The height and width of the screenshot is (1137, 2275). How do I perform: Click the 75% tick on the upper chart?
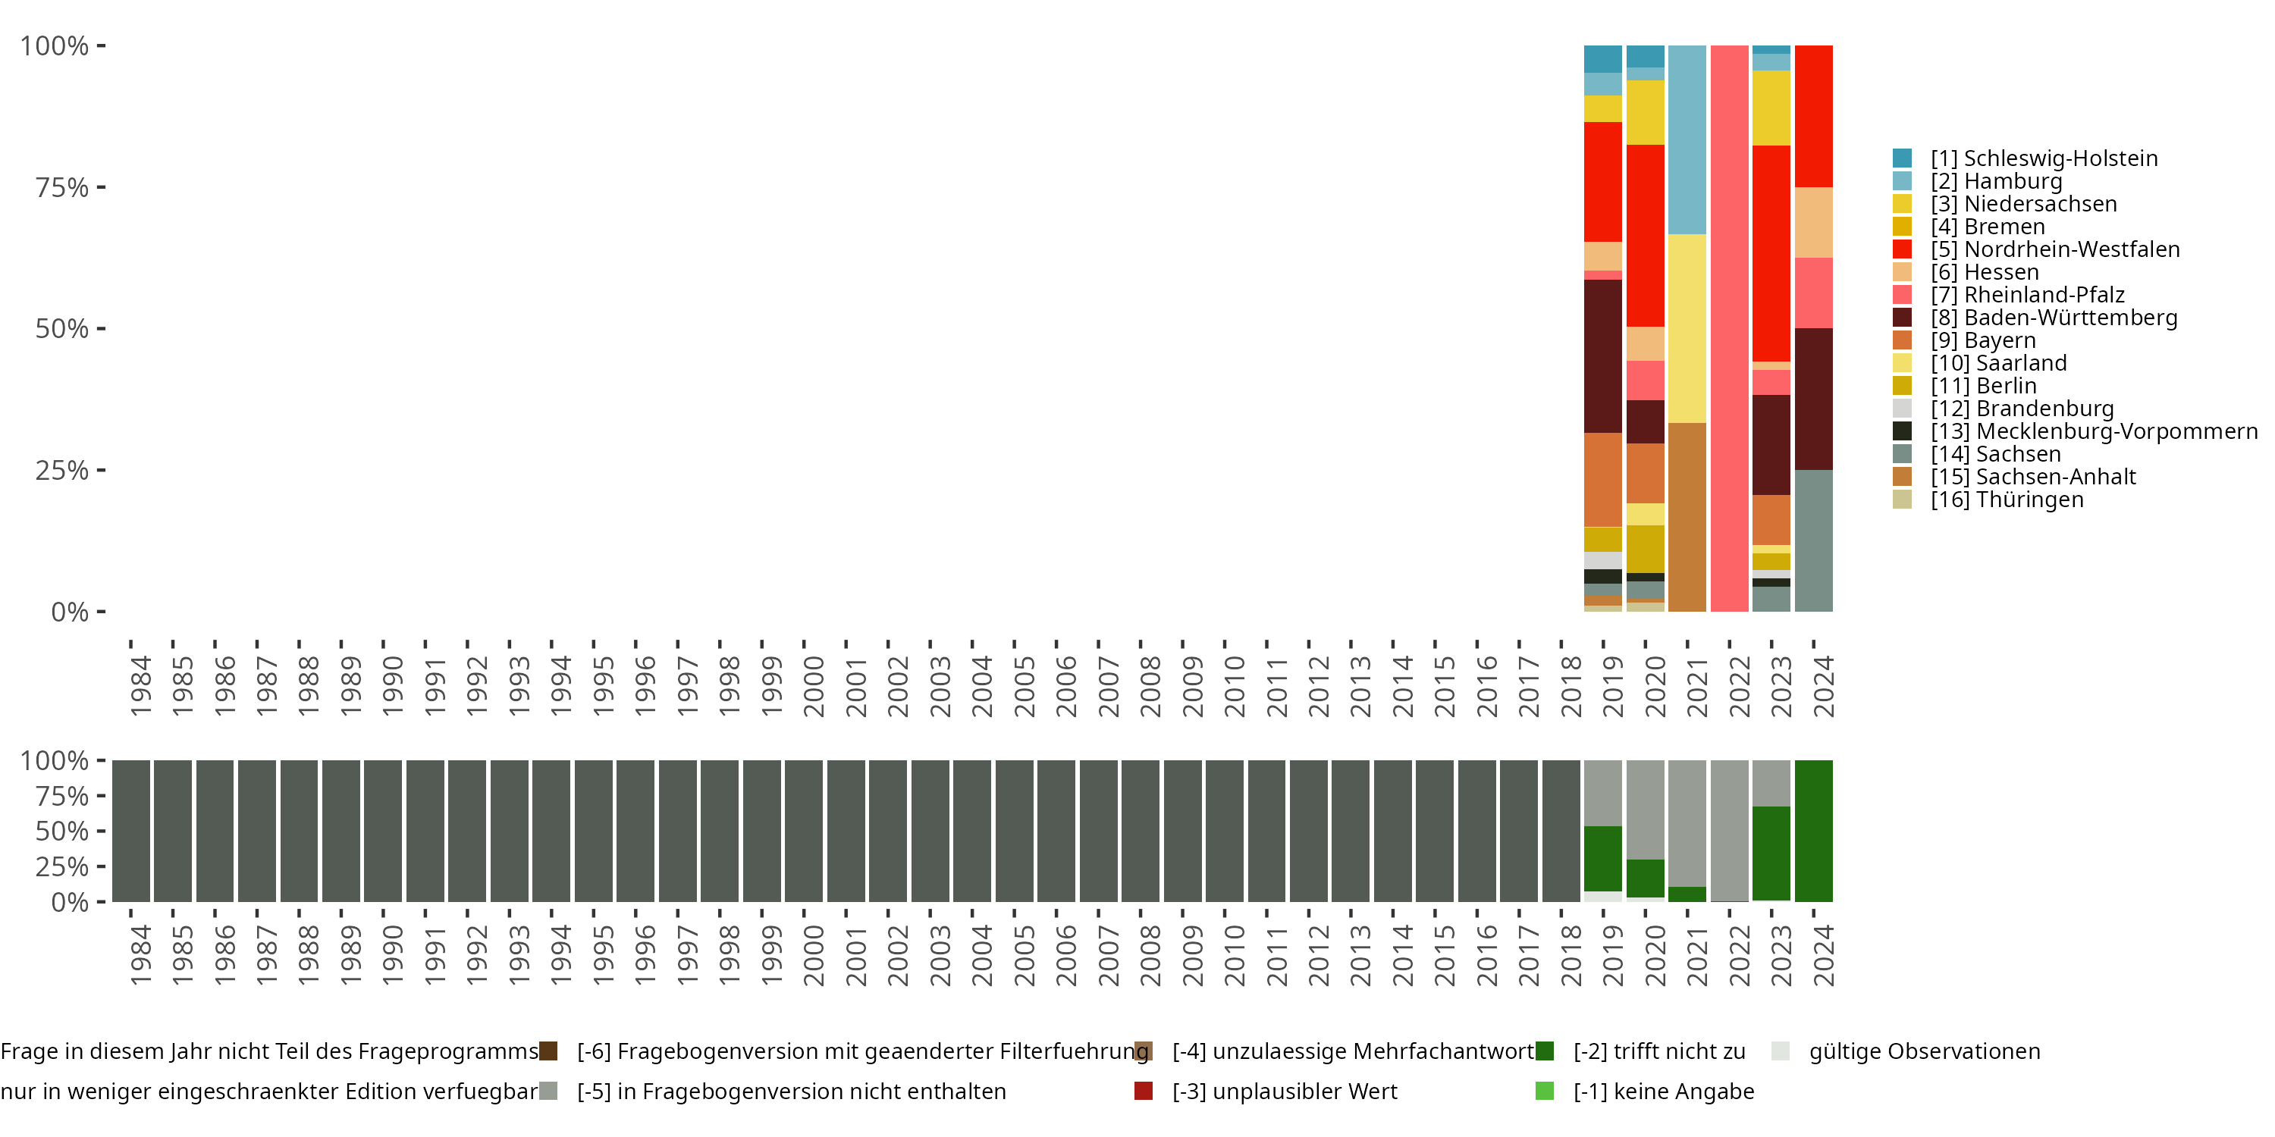click(x=63, y=187)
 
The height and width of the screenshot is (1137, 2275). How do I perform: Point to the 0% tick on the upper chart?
click(x=70, y=612)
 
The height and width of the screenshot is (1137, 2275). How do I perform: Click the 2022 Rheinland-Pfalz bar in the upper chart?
click(x=1729, y=327)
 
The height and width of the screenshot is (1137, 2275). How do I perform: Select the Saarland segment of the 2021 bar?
click(x=1687, y=328)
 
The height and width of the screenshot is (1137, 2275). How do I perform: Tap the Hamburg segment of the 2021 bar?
click(x=1687, y=139)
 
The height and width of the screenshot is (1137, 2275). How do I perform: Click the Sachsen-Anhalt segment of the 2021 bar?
click(x=1687, y=517)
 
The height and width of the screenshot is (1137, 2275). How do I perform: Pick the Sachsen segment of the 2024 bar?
click(x=1813, y=540)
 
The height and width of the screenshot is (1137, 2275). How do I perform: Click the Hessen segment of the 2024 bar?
click(x=1813, y=222)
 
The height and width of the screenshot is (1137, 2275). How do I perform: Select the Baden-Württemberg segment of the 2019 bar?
click(x=1603, y=356)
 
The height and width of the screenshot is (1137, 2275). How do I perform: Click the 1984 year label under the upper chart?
click(x=140, y=686)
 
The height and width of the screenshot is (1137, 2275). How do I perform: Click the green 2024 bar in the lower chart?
click(x=1813, y=831)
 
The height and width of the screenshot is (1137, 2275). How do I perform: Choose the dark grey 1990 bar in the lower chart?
click(x=383, y=831)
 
